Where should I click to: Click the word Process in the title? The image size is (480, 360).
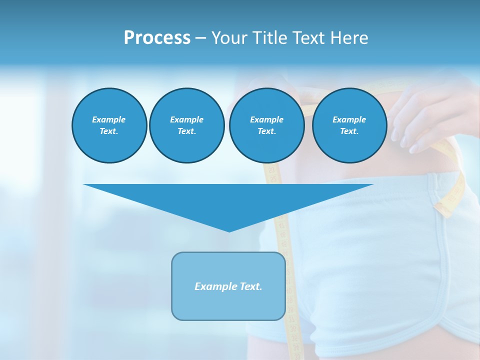(x=157, y=38)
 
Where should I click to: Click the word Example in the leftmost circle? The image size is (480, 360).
(x=109, y=119)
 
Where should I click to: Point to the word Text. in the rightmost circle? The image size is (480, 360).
(x=349, y=131)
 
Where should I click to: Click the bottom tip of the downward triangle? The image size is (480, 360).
(x=229, y=231)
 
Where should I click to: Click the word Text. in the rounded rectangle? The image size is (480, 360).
(x=251, y=286)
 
